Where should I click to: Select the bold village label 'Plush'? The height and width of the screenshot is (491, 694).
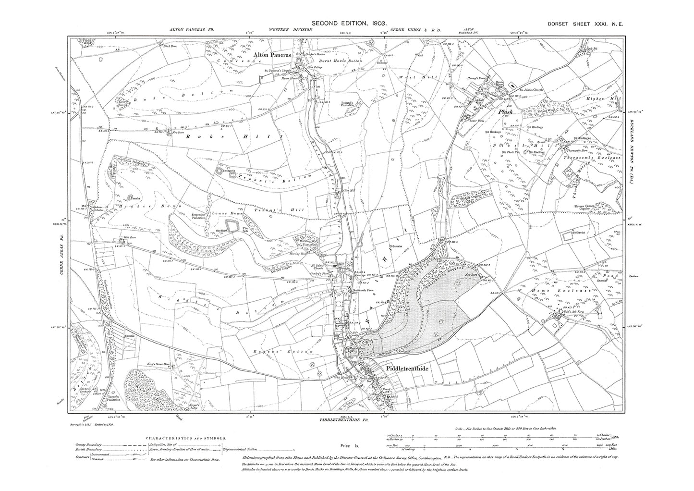[x=505, y=111]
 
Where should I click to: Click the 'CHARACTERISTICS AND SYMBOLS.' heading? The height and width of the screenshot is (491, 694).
[x=186, y=438]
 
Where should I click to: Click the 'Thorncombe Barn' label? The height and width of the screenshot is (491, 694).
[x=578, y=150]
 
